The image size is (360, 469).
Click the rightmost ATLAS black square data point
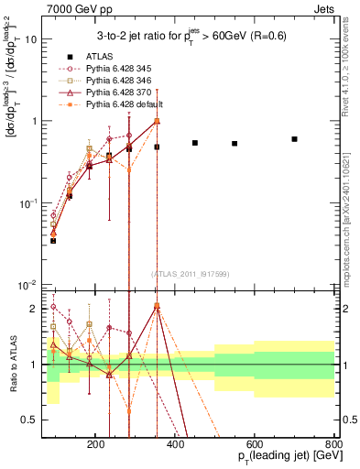pos(294,139)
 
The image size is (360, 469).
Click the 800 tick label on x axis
pos(333,442)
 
